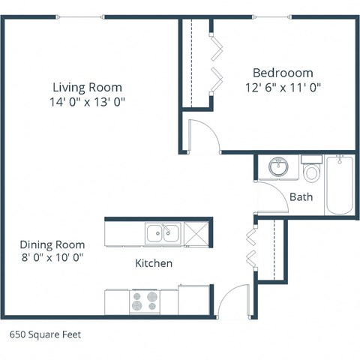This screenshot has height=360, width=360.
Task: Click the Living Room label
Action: click(87, 87)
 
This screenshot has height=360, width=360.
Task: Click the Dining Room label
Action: click(52, 244)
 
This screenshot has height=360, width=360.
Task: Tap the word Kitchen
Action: click(154, 263)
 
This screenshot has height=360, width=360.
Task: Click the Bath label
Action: click(301, 197)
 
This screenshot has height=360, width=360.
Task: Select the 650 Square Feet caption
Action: click(45, 335)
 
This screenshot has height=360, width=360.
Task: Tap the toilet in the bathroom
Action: click(311, 171)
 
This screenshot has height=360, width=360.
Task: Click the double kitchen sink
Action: click(162, 233)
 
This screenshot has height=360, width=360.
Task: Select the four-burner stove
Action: click(145, 301)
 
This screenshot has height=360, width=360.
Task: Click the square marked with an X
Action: click(196, 233)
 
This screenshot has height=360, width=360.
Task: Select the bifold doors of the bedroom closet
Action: click(215, 64)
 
